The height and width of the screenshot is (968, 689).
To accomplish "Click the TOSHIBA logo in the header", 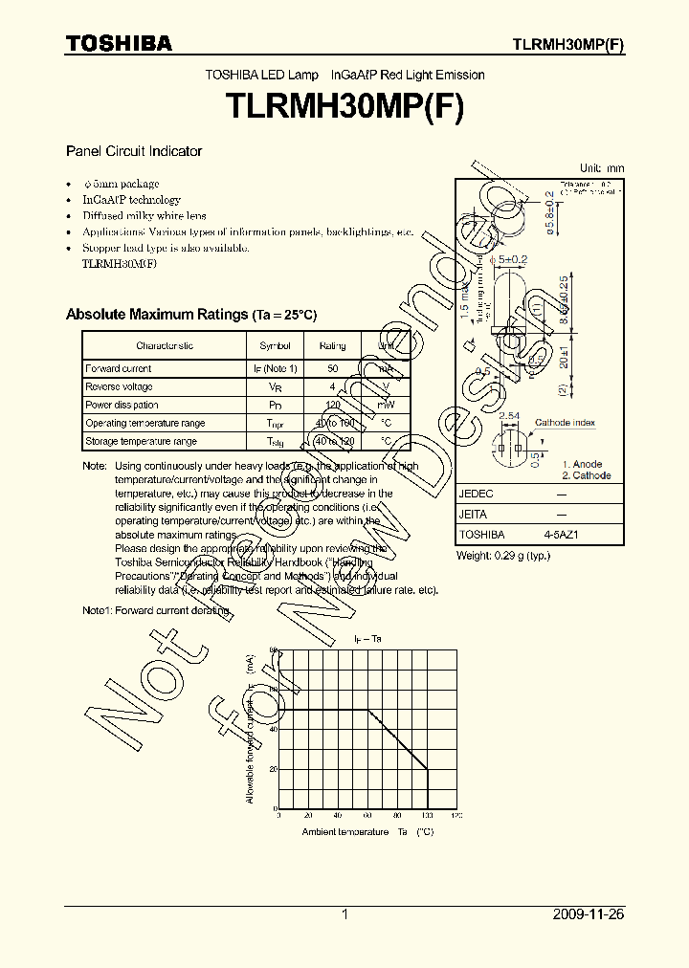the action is pos(118,44).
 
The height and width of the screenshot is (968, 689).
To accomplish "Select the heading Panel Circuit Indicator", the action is pos(133,151).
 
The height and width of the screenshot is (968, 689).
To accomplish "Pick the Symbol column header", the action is pos(275,345).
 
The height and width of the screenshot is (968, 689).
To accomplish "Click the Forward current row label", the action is pos(119,368).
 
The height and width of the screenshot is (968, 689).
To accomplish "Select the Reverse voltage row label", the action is pos(119,386).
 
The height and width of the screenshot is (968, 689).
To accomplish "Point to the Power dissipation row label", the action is pos(122,405).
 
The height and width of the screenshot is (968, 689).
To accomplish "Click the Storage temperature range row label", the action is pos(141,441).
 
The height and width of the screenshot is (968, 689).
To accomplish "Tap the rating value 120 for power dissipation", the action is pos(332,405).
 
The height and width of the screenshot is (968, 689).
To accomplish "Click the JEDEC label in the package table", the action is pos(477,494).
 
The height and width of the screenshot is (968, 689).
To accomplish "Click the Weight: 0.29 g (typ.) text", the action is pos(503,556).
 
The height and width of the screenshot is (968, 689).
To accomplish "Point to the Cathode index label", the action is pos(565,423).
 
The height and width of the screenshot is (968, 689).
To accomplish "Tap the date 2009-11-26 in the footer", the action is pos(589,914).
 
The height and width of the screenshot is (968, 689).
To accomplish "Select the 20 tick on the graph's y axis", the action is pos(273,768).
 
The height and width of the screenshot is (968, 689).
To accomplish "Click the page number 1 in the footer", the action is pos(344,914).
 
